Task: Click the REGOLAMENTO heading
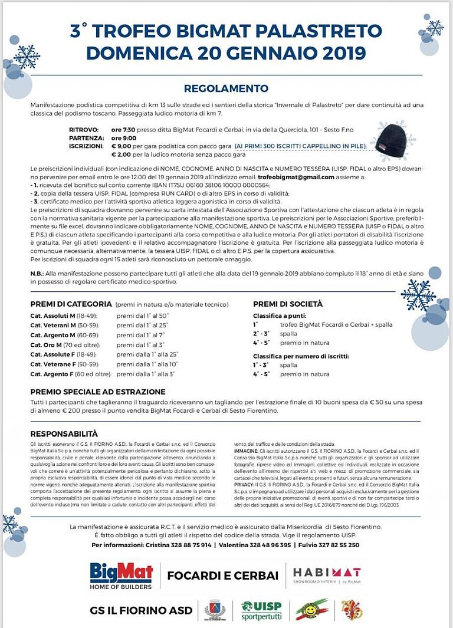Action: [x=226, y=88]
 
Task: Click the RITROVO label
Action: [x=84, y=128]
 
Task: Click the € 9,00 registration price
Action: [x=121, y=145]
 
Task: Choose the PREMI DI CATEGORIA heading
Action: [x=71, y=304]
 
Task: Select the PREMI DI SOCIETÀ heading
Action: [x=288, y=304]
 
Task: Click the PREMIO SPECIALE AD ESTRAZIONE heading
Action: [x=98, y=392]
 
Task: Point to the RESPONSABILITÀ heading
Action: [x=64, y=433]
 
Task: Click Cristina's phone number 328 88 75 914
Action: [x=190, y=545]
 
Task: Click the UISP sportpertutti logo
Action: [x=261, y=610]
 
